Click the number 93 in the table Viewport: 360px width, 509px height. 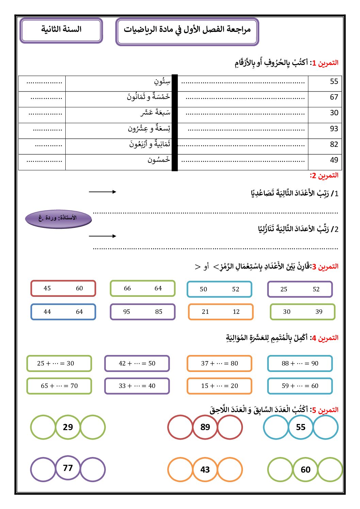click(x=334, y=129)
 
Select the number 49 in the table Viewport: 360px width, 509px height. click(x=334, y=160)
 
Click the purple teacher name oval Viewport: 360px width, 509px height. click(x=58, y=218)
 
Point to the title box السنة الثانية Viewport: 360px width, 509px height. click(x=61, y=30)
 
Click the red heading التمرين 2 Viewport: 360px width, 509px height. click(x=324, y=175)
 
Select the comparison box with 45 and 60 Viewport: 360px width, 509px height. click(x=63, y=288)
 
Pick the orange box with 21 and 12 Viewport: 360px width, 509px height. click(x=220, y=312)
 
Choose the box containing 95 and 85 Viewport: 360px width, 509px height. click(x=143, y=312)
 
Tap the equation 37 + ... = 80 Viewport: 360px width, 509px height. click(x=219, y=363)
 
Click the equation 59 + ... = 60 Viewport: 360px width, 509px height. click(x=300, y=386)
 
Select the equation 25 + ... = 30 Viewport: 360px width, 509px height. click(x=59, y=363)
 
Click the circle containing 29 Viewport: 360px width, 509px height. click(x=68, y=427)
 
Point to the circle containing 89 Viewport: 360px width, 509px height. click(x=205, y=427)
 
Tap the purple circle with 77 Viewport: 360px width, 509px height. click(x=68, y=468)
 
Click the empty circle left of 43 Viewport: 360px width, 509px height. click(x=180, y=470)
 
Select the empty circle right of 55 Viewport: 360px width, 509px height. click(x=326, y=427)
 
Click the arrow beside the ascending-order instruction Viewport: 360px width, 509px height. click(x=102, y=192)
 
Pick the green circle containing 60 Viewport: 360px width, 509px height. click(x=306, y=470)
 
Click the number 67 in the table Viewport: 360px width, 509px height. click(x=334, y=97)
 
